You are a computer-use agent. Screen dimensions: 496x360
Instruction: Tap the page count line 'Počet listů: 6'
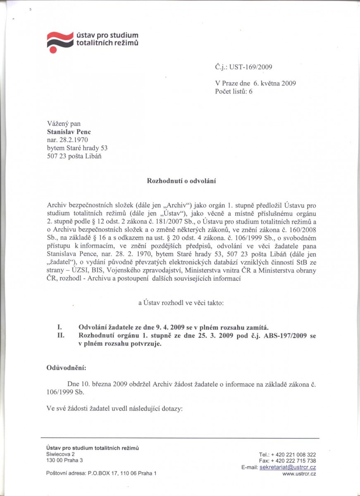click(234, 91)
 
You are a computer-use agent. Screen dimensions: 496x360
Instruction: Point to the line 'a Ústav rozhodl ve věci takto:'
click(181, 303)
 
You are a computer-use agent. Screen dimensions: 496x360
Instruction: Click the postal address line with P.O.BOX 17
click(101, 473)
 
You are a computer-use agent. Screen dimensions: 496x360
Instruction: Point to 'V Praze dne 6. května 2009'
click(255, 83)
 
